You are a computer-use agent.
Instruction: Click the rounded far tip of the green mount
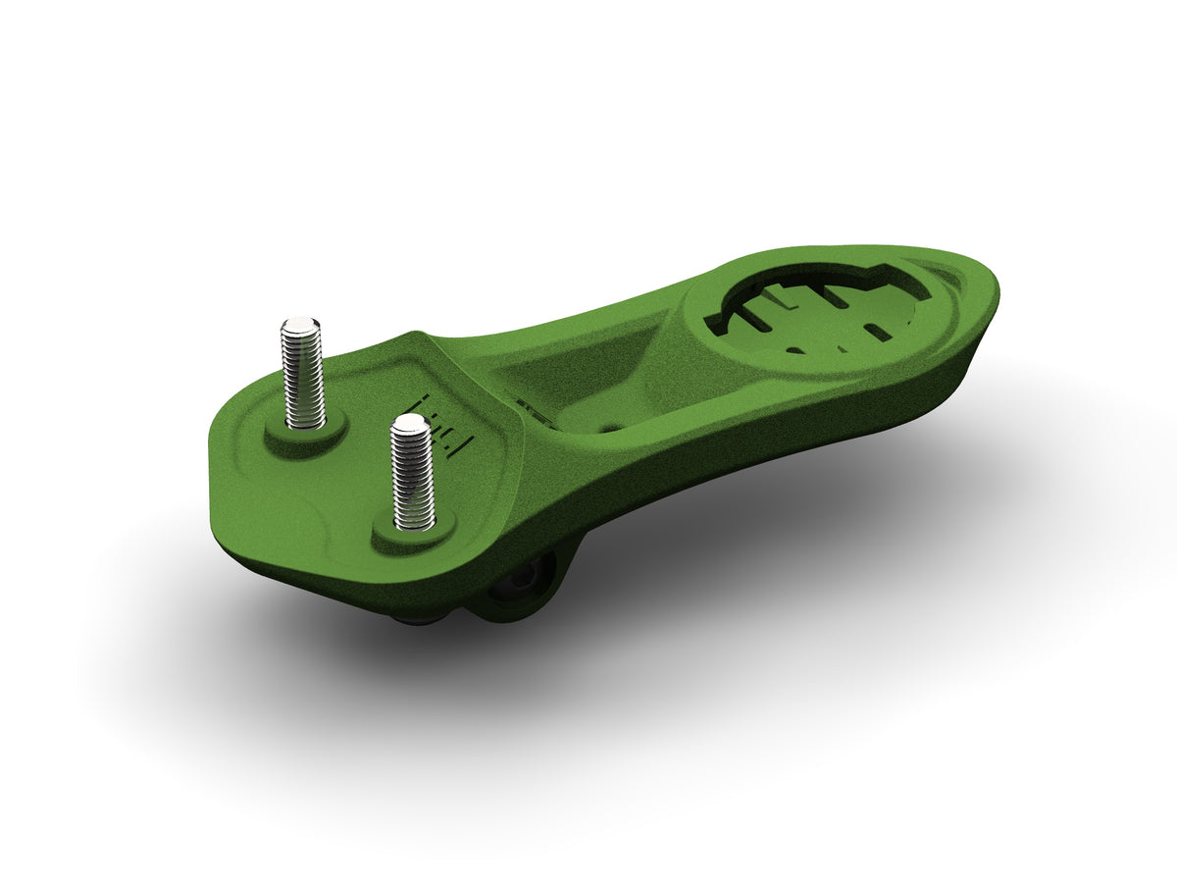pyautogui.click(x=986, y=294)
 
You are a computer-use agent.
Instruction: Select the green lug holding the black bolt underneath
pyautogui.click(x=535, y=589)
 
